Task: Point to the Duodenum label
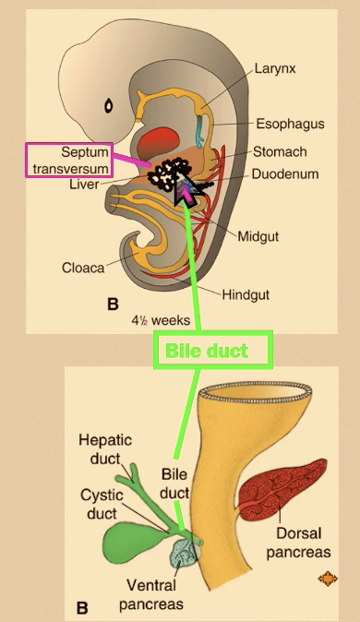pos(287,173)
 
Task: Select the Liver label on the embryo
pos(83,185)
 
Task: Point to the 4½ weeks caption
pos(161,320)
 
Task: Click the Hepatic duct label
pos(104,449)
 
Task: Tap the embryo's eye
pos(109,105)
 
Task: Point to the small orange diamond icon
pos(327,579)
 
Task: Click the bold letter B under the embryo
pos(113,303)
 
